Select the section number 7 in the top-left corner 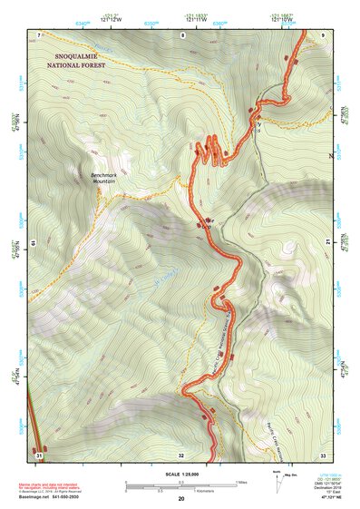[40, 34]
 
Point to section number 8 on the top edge [182, 34]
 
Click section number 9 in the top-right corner [323, 34]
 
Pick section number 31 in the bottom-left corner [39, 454]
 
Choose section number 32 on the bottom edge [181, 454]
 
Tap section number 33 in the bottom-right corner [323, 454]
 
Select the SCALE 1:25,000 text [180, 475]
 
